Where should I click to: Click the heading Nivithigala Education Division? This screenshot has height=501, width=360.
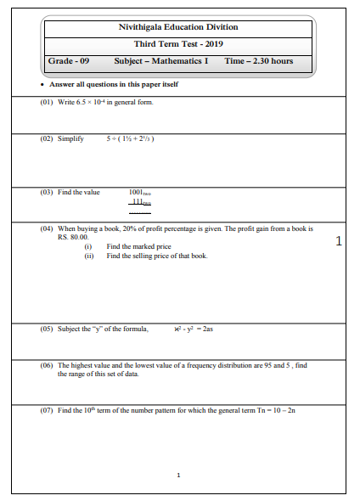pos(178,27)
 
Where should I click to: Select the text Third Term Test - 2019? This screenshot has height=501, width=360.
pos(178,44)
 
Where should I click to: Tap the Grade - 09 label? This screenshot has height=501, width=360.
pos(69,61)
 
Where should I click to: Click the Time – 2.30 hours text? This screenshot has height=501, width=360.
pos(259,61)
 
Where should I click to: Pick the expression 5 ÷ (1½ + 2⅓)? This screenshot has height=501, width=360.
pos(130,138)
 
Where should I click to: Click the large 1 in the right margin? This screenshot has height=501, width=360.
pos(339,241)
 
